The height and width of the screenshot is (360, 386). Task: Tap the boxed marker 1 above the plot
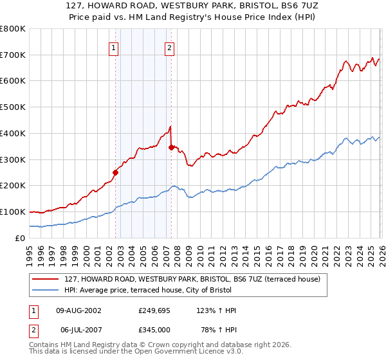pos(114,47)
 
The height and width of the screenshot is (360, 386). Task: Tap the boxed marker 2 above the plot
pos(169,47)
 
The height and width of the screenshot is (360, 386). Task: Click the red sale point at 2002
pos(116,172)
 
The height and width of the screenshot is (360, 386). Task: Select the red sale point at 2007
pos(171,147)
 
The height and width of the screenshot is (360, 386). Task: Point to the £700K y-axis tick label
pos(13,55)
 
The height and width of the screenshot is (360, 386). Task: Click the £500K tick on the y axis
pos(13,107)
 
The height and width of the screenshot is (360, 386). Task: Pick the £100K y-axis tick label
pos(13,212)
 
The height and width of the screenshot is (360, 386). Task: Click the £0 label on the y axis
pos(19,238)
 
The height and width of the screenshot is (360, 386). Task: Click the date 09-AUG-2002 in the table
pos(78,310)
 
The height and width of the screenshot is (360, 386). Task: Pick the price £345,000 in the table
pos(154,330)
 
